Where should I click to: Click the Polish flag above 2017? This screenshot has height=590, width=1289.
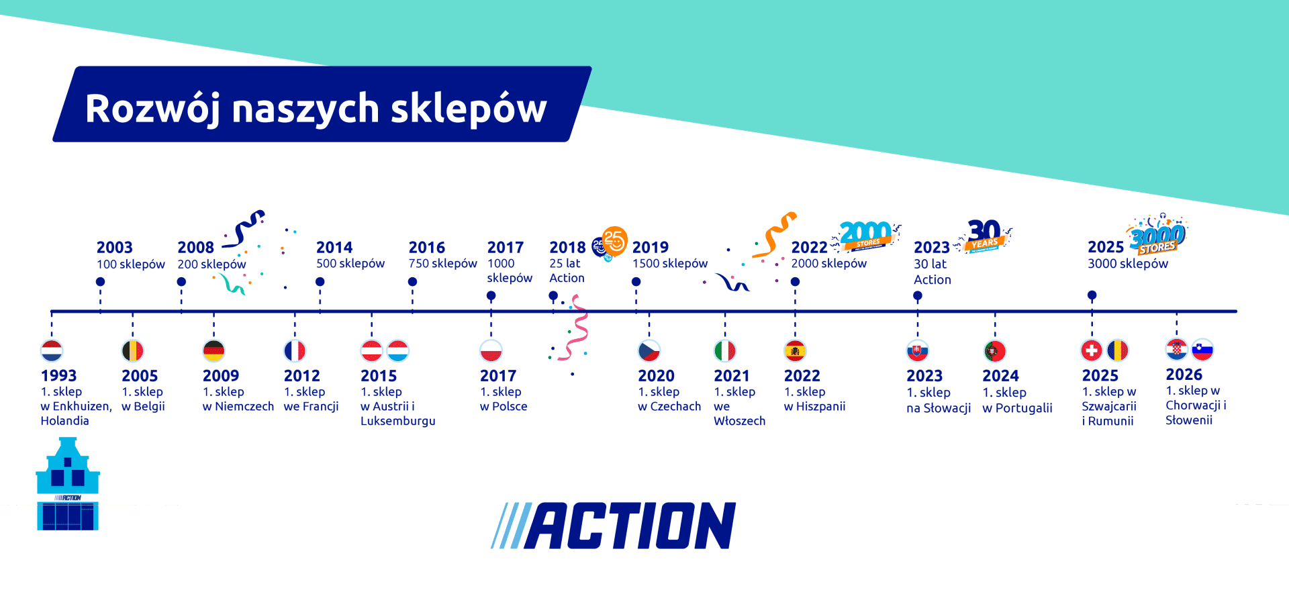pyautogui.click(x=491, y=350)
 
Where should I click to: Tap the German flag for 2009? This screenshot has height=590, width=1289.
pyautogui.click(x=213, y=350)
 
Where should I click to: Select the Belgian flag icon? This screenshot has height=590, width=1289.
pyautogui.click(x=132, y=350)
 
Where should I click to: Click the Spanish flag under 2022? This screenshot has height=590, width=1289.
pyautogui.click(x=795, y=350)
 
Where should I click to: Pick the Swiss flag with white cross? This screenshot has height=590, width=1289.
pyautogui.click(x=1092, y=350)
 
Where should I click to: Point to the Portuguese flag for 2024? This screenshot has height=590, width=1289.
pyautogui.click(x=994, y=350)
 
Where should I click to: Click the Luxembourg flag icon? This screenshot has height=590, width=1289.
pyautogui.click(x=398, y=350)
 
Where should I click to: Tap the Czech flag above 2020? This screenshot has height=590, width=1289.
pyautogui.click(x=649, y=350)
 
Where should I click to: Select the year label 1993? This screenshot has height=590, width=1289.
pyautogui.click(x=58, y=376)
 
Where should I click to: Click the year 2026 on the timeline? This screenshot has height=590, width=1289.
pyautogui.click(x=1184, y=375)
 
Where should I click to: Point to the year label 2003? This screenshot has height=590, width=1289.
pyautogui.click(x=114, y=248)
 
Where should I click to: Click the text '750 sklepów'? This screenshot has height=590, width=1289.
pyautogui.click(x=442, y=264)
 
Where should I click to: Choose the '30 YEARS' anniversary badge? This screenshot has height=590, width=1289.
pyautogui.click(x=985, y=236)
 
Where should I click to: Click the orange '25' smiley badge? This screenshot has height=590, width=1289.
pyautogui.click(x=614, y=240)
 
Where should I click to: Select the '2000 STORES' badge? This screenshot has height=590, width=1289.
pyautogui.click(x=866, y=236)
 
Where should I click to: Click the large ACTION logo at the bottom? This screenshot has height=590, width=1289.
pyautogui.click(x=614, y=526)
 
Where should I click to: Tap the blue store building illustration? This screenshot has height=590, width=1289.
pyautogui.click(x=67, y=485)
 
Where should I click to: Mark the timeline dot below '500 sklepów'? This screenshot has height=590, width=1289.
pyautogui.click(x=320, y=282)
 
